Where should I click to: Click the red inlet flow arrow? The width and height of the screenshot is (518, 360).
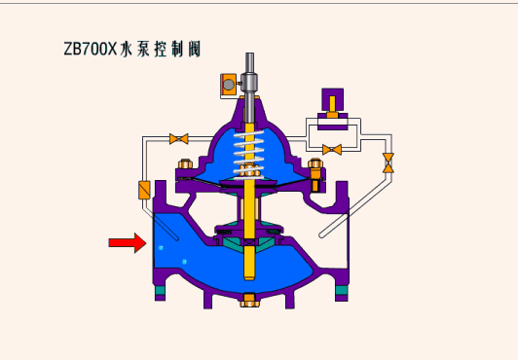coord(128,243)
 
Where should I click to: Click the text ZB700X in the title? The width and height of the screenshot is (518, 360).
coord(91,50)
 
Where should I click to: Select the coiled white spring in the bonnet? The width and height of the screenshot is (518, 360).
coord(249,154)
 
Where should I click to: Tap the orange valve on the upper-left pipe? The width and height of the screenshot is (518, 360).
coord(179,139)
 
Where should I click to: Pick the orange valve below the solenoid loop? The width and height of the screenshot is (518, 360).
coord(332,150)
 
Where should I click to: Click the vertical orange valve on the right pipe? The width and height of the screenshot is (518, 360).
coord(388,163)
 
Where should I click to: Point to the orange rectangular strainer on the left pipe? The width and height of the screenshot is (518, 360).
coord(144,190)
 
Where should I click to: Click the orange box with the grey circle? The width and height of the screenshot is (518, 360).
coord(228,85)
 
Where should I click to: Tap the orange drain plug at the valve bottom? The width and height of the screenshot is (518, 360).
coord(249,300)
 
